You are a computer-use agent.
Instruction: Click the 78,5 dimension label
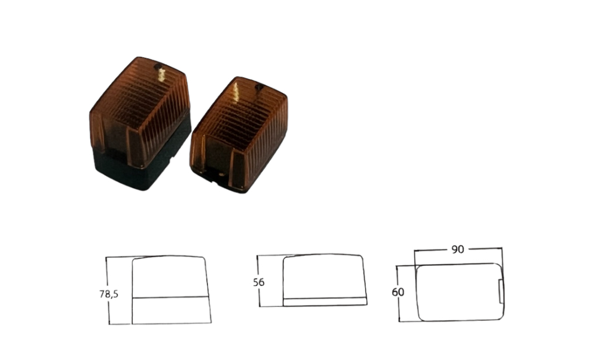tap(109, 294)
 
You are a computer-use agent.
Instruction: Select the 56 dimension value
tap(259, 283)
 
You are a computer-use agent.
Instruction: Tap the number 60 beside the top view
tap(398, 293)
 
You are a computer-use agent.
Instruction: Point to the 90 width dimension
tap(458, 249)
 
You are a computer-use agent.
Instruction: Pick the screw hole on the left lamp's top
tap(158, 67)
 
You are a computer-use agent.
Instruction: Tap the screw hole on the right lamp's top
tap(260, 87)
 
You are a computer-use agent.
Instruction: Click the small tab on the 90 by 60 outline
tap(501, 291)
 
